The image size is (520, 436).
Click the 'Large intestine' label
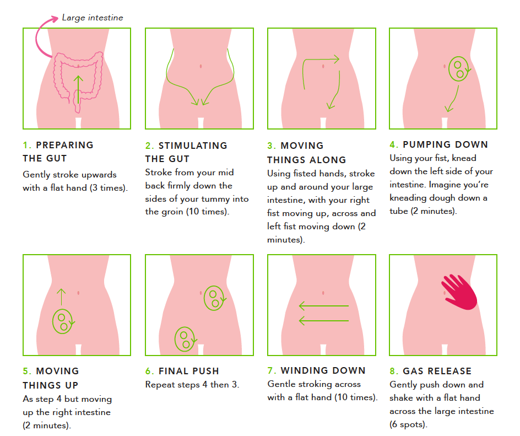point(93,18)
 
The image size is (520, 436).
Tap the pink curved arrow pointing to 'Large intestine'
point(37,36)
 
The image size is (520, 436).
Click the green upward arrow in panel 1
point(78,89)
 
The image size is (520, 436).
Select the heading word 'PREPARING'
point(64,145)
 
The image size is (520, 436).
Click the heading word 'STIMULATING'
point(193,146)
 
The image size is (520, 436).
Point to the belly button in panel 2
point(201,66)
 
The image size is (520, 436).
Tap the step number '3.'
point(272,146)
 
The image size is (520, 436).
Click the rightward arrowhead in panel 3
point(336,60)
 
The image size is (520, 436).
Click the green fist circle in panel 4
point(459,69)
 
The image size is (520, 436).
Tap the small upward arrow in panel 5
point(61,297)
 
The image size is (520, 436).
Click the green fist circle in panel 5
point(63,321)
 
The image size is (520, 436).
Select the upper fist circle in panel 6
point(214,298)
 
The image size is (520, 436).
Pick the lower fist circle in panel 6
point(185,339)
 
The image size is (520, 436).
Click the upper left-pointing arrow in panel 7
point(324,305)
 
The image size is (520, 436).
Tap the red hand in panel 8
point(459,292)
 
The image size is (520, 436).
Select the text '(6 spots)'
point(408,424)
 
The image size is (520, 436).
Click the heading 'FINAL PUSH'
point(189,371)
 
